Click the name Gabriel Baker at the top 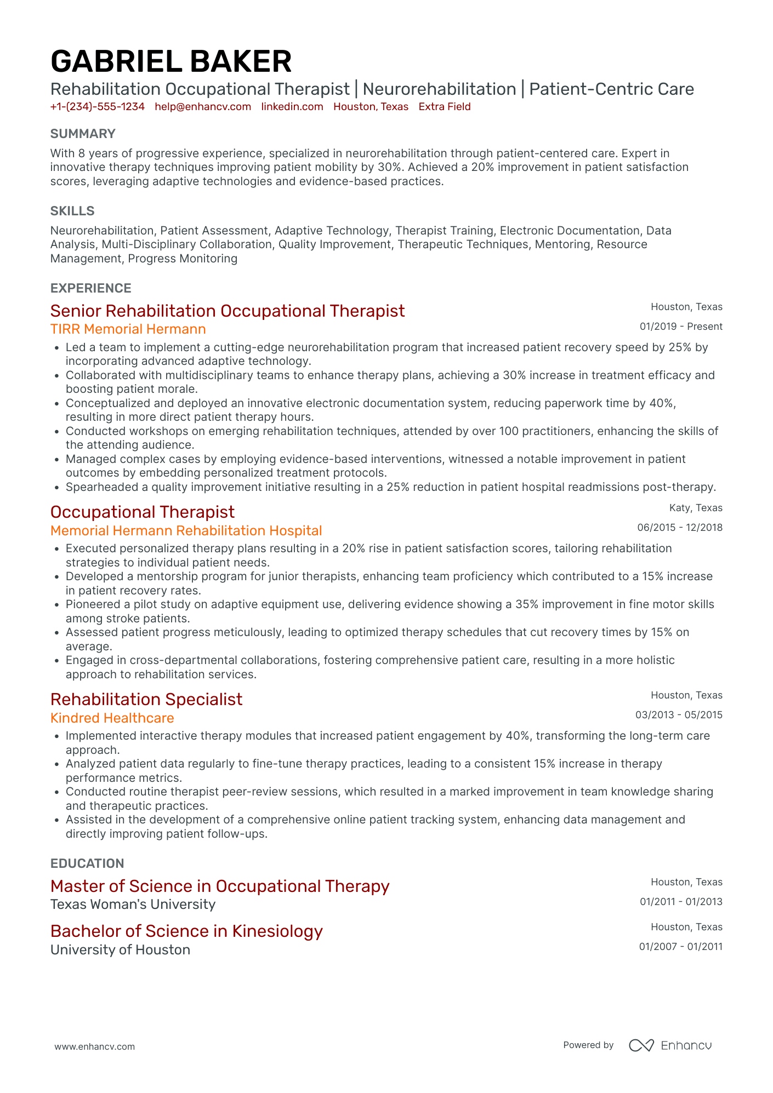pyautogui.click(x=171, y=61)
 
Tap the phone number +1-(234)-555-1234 pyautogui.click(x=98, y=107)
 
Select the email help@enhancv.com pyautogui.click(x=203, y=107)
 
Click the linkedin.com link pyautogui.click(x=292, y=107)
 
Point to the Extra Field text pyautogui.click(x=445, y=107)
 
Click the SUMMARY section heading pyautogui.click(x=83, y=134)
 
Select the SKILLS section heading pyautogui.click(x=72, y=211)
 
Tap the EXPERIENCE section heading pyautogui.click(x=91, y=288)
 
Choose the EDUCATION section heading pyautogui.click(x=87, y=863)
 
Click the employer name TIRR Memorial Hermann pyautogui.click(x=128, y=329)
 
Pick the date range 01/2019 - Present pyautogui.click(x=681, y=327)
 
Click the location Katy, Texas pyautogui.click(x=696, y=508)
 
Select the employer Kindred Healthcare pyautogui.click(x=112, y=718)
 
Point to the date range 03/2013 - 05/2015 pyautogui.click(x=679, y=715)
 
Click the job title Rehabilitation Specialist pyautogui.click(x=146, y=700)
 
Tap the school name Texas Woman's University pyautogui.click(x=133, y=905)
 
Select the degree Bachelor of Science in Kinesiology pyautogui.click(x=186, y=931)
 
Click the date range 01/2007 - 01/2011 pyautogui.click(x=680, y=947)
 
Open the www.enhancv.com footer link pyautogui.click(x=95, y=1047)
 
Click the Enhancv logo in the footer pyautogui.click(x=670, y=1045)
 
